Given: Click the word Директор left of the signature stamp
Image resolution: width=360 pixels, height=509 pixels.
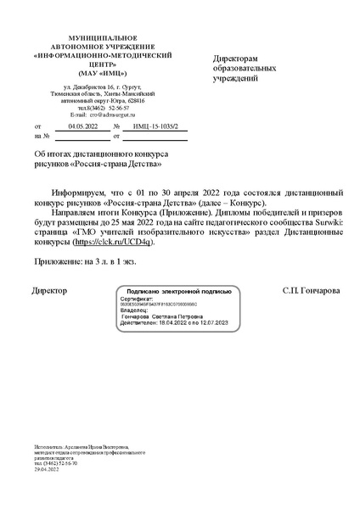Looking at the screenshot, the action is click(x=48, y=291).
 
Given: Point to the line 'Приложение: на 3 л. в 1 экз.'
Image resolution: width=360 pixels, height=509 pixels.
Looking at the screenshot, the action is click(x=84, y=263).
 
